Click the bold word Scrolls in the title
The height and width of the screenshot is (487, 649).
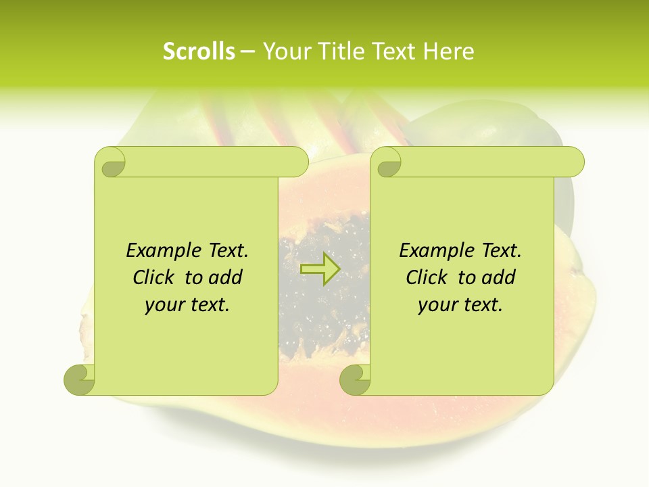point(199,51)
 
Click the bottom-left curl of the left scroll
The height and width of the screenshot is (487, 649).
point(80,379)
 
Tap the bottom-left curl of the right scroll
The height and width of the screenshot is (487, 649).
point(355,379)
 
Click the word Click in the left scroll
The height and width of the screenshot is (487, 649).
point(155,278)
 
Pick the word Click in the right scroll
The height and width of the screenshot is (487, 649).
point(428,278)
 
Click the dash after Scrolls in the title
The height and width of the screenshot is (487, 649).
point(247,52)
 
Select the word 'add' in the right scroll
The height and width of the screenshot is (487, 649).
point(499,278)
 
